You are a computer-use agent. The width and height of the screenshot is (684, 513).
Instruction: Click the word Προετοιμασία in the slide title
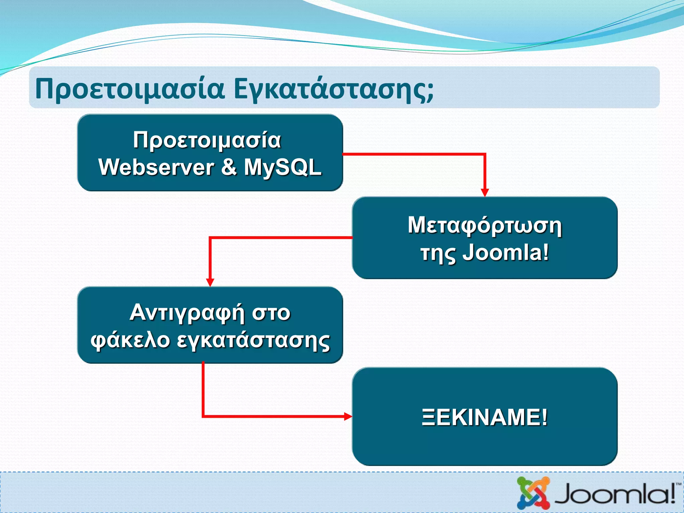click(130, 89)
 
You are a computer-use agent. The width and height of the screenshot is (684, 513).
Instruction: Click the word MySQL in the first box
click(283, 167)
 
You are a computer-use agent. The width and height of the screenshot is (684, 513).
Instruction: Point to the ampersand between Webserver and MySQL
click(229, 167)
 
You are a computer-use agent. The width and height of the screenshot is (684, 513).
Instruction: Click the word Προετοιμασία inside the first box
click(207, 140)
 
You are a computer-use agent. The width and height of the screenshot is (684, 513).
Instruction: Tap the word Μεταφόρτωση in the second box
click(485, 226)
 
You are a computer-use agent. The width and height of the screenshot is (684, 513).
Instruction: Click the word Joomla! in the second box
click(506, 253)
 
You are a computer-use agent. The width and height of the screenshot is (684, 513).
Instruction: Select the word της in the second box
click(438, 254)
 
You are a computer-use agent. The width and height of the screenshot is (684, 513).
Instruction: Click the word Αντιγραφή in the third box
click(187, 313)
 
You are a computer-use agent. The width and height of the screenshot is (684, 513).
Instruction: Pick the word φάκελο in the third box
click(130, 341)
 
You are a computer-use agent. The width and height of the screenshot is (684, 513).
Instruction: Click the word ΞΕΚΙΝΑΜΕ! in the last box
click(485, 417)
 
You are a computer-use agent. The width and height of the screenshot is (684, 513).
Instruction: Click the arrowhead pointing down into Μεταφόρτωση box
click(485, 193)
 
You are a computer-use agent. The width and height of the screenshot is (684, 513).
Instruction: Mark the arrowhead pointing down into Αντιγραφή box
click(210, 282)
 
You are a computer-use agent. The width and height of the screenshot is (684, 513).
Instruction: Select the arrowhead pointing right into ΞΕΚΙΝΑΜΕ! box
click(348, 416)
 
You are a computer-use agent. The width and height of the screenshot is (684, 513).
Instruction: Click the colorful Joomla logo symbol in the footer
click(533, 493)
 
